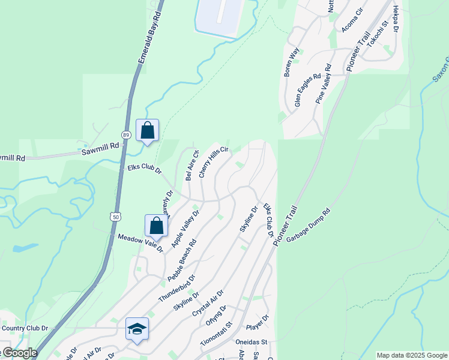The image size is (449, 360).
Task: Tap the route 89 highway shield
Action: [126, 135]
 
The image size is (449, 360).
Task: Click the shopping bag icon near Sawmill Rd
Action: [147, 130]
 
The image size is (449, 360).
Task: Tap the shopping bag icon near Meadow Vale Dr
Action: [156, 226]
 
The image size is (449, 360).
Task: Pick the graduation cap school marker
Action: [137, 329]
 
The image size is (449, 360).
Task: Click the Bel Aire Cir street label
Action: [191, 166]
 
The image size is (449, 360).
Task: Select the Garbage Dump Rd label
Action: [309, 226]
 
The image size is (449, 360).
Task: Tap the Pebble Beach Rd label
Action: [182, 261]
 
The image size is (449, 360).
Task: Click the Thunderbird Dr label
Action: [177, 289]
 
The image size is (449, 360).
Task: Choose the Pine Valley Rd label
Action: [323, 85]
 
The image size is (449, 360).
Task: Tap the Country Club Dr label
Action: [25, 328]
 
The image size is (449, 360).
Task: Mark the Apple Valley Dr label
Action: [185, 229]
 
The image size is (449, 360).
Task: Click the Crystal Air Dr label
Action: [208, 304]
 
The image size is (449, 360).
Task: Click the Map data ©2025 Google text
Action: [412, 355]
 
